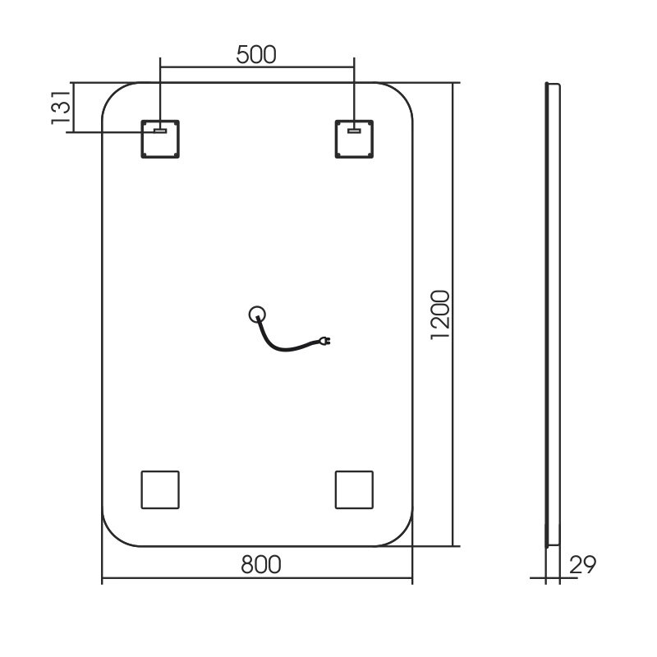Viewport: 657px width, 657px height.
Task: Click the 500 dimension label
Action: click(256, 54)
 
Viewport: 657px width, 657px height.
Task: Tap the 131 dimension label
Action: click(61, 108)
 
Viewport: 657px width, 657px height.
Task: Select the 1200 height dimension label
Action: click(440, 315)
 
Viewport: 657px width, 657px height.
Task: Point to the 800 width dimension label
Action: click(260, 564)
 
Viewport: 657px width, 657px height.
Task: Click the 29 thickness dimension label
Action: click(582, 564)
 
